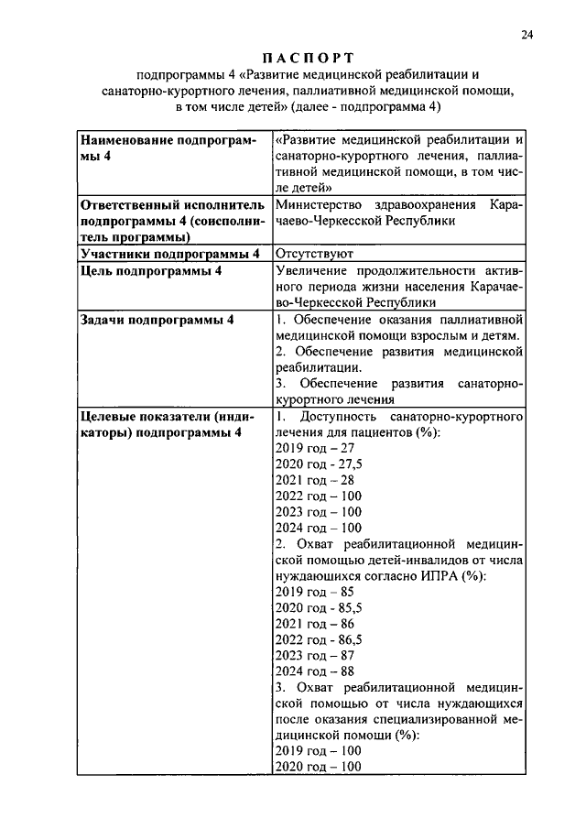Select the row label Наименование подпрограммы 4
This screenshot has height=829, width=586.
coord(168,148)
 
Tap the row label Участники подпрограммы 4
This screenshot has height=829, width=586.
coord(170,253)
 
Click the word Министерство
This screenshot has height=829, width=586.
coord(320,203)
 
